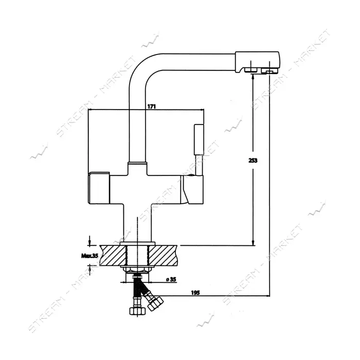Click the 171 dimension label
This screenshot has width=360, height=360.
coord(152,106)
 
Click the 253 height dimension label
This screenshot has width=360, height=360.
coord(253,160)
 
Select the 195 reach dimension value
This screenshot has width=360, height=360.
coord(195,293)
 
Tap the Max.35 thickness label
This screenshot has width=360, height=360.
coord(90,256)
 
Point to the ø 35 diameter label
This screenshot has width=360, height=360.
coord(171,279)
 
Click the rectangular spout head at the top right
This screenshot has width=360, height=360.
coord(257,63)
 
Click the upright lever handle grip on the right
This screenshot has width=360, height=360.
coord(199,139)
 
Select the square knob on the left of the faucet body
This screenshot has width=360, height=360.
coord(99,188)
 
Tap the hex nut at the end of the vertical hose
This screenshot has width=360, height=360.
coord(137,311)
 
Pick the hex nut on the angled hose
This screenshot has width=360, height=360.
coord(155,303)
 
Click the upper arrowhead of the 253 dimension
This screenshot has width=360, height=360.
coord(253,76)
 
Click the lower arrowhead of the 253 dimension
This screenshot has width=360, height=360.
coord(253,243)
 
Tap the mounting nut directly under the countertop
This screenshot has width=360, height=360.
coord(137,269)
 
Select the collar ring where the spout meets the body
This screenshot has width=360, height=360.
coord(137,163)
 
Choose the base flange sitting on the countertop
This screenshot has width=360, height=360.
coord(137,243)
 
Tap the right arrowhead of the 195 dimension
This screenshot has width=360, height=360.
coord(267,296)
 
